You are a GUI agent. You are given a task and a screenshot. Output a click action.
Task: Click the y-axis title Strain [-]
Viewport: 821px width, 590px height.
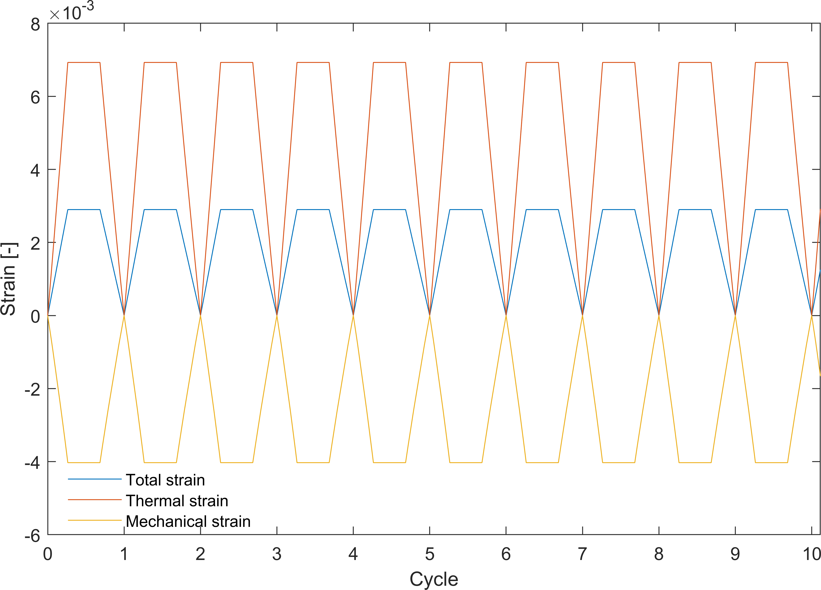pyautogui.click(x=9, y=279)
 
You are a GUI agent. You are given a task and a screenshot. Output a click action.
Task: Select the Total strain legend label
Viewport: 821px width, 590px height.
pyautogui.click(x=165, y=480)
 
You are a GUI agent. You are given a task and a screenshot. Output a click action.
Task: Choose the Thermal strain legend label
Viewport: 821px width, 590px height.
pyautogui.click(x=177, y=501)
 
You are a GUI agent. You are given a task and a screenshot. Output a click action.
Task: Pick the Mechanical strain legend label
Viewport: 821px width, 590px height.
pyautogui.click(x=188, y=521)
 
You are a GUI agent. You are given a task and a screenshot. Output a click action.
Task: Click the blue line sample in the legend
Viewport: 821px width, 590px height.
pyautogui.click(x=95, y=479)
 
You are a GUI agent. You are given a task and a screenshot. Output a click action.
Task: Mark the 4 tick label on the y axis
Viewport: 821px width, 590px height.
pyautogui.click(x=35, y=170)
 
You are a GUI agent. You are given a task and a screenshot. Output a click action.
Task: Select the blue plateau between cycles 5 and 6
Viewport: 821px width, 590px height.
pyautogui.click(x=466, y=210)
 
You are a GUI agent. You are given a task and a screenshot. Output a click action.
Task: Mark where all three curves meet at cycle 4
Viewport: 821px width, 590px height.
pyautogui.click(x=353, y=315)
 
